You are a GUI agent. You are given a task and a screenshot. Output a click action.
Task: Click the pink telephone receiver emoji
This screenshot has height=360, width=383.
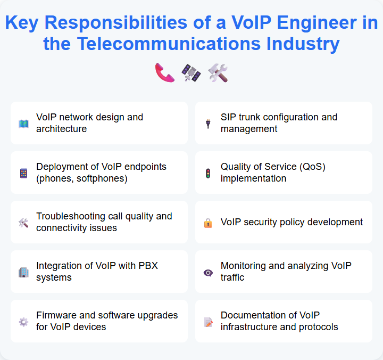tap(165, 73)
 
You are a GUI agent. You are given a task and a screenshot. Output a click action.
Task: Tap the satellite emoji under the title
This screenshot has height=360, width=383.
tap(191, 73)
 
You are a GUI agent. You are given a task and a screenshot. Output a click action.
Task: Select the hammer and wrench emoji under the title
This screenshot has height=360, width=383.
tap(218, 73)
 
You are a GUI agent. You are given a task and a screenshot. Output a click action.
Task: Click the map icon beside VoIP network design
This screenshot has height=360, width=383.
tap(23, 124)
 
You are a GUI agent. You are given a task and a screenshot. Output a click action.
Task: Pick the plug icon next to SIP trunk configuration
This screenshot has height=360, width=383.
tap(208, 124)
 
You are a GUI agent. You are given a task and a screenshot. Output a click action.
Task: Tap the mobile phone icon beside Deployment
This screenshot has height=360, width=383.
tap(23, 173)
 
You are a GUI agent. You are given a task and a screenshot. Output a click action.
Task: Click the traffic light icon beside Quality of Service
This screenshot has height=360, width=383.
tap(208, 173)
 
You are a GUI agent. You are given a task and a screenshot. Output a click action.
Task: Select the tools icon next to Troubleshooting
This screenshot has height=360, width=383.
tap(23, 223)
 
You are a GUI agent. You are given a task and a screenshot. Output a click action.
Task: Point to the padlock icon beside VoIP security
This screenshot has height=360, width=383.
tap(208, 223)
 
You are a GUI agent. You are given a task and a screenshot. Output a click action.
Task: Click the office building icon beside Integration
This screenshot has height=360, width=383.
tap(23, 272)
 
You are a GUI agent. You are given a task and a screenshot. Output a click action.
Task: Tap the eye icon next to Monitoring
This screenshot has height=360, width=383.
tap(208, 272)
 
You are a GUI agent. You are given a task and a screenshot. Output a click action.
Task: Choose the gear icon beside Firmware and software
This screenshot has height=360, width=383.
tap(23, 322)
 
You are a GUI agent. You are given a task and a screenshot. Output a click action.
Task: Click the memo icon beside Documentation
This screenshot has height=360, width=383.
tap(208, 322)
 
